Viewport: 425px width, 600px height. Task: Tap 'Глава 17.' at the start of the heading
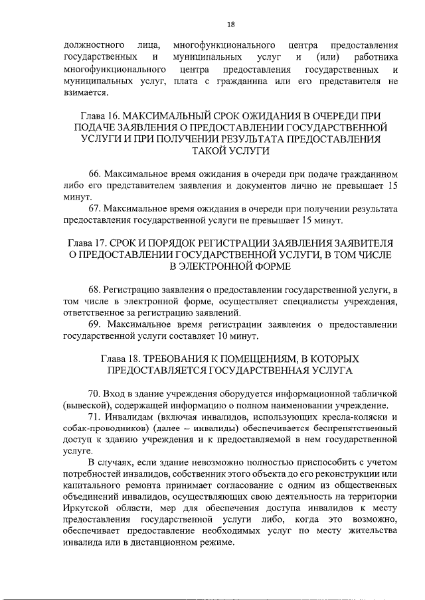click(92, 243)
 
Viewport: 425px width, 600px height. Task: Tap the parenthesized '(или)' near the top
click(329, 57)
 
